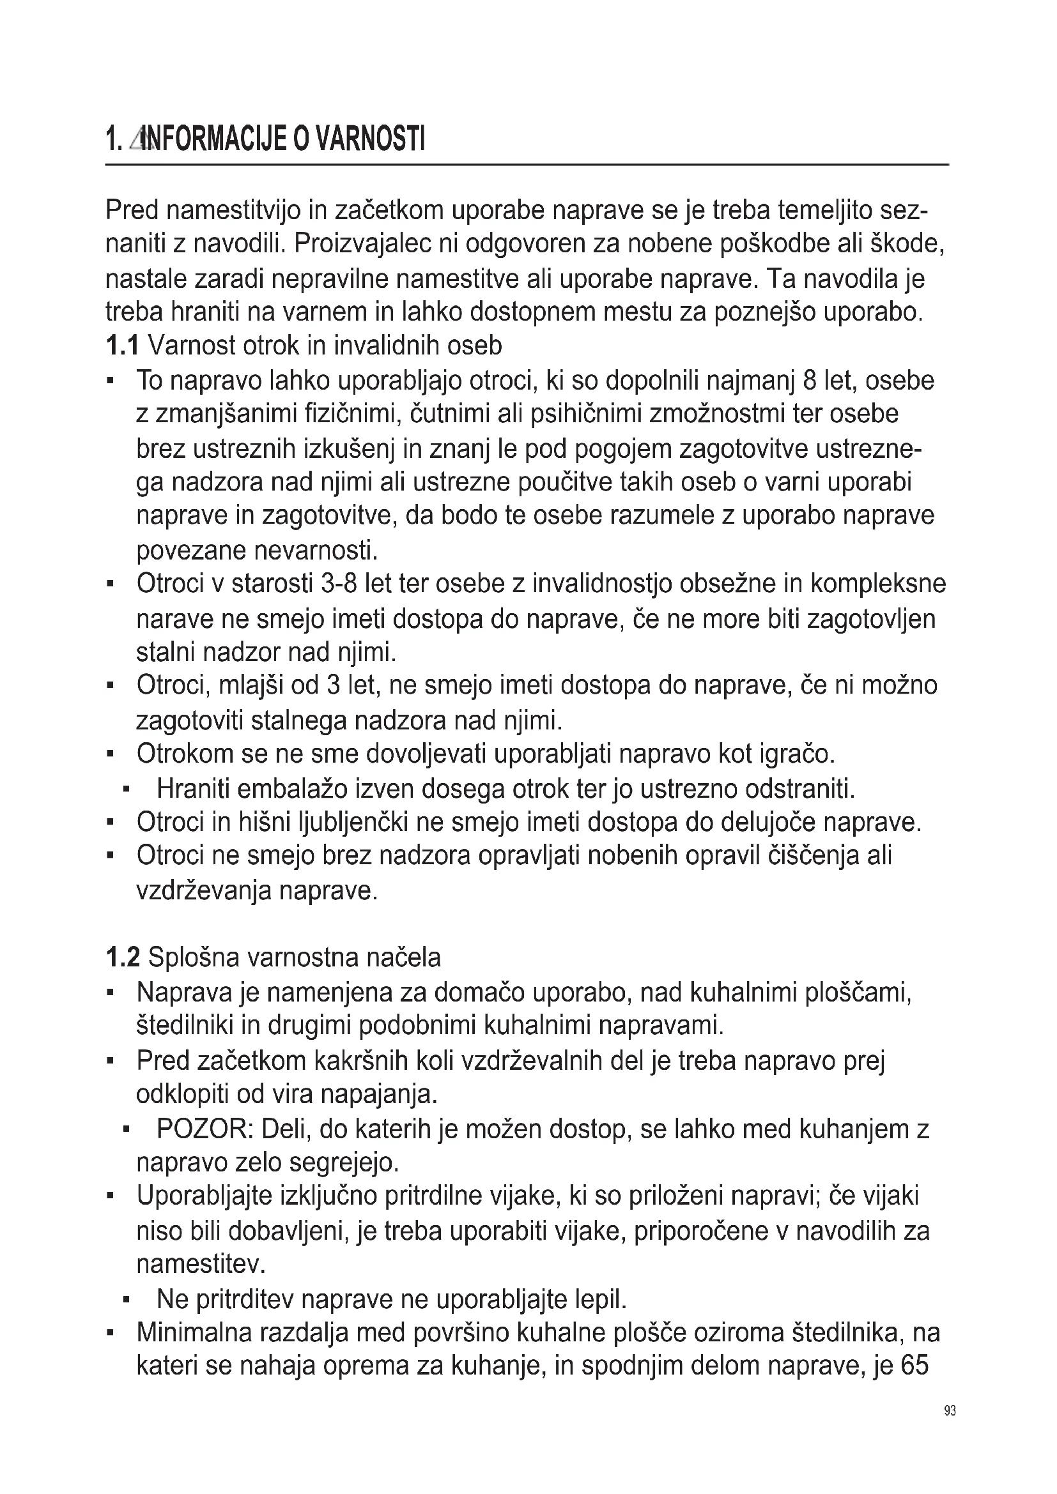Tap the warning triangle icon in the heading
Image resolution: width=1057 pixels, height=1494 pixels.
pyautogui.click(x=138, y=139)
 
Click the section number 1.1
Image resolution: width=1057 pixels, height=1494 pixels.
pyautogui.click(x=121, y=346)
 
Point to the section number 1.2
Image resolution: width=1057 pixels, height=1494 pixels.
pyautogui.click(x=122, y=957)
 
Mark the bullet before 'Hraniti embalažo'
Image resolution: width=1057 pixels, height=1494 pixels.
pyautogui.click(x=126, y=789)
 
